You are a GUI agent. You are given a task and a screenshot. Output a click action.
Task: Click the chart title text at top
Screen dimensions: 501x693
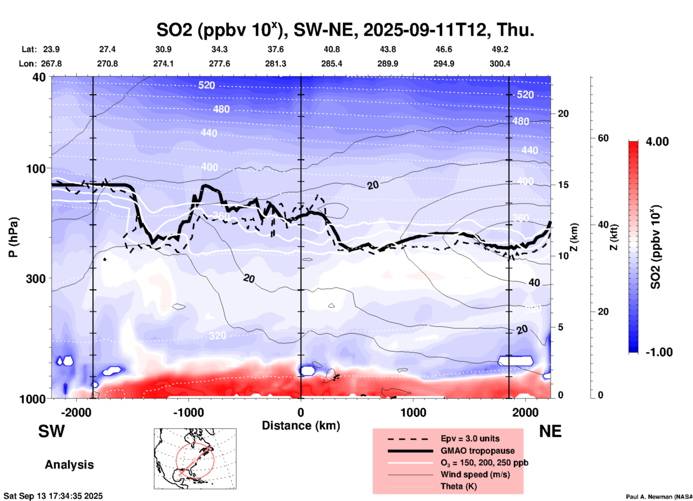pyautogui.click(x=345, y=30)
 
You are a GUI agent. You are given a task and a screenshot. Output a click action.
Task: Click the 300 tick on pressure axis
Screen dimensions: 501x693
pyautogui.click(x=36, y=279)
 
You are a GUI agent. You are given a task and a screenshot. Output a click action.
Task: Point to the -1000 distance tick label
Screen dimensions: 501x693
pyautogui.click(x=188, y=413)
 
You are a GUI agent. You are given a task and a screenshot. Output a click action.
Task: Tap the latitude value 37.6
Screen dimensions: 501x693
pyautogui.click(x=276, y=49)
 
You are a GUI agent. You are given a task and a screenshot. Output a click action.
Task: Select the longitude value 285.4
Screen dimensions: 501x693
pyautogui.click(x=331, y=64)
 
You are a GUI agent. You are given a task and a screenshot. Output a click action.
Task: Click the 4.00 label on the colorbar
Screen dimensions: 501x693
pyautogui.click(x=657, y=142)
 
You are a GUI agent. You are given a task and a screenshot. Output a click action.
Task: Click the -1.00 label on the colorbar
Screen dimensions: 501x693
pyautogui.click(x=659, y=352)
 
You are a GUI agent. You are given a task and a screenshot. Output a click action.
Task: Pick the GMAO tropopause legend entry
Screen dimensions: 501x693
pyautogui.click(x=477, y=451)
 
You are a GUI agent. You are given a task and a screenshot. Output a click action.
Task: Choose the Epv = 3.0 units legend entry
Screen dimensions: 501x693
pyautogui.click(x=470, y=438)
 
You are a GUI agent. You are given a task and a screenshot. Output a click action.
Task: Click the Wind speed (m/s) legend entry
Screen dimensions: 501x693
pyautogui.click(x=475, y=475)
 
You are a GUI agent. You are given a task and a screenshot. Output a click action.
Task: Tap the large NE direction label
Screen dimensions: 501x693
pyautogui.click(x=550, y=432)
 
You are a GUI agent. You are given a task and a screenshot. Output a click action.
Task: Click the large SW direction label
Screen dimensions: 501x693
pyautogui.click(x=51, y=432)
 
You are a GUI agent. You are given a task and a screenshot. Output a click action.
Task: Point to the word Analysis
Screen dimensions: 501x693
pyautogui.click(x=69, y=465)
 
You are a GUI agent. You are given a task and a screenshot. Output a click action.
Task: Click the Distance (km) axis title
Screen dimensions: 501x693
pyautogui.click(x=301, y=426)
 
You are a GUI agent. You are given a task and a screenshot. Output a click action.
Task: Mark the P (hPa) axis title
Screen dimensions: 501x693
pyautogui.click(x=13, y=237)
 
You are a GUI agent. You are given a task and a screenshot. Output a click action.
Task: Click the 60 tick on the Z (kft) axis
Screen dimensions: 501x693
pyautogui.click(x=603, y=138)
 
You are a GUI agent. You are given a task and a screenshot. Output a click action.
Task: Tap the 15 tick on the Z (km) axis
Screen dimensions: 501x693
pyautogui.click(x=563, y=185)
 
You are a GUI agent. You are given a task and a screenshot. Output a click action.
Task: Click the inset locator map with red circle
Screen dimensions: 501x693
pyautogui.click(x=195, y=459)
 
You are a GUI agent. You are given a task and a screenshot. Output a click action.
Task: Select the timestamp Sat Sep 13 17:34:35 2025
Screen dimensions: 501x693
pyautogui.click(x=53, y=496)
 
